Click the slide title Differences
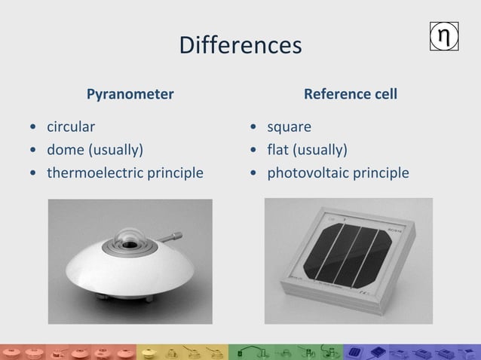(240, 45)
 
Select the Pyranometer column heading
(130, 94)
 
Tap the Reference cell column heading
(350, 94)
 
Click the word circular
(71, 126)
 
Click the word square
(289, 126)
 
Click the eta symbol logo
(445, 37)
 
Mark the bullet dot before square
(256, 127)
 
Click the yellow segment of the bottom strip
(181, 352)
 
